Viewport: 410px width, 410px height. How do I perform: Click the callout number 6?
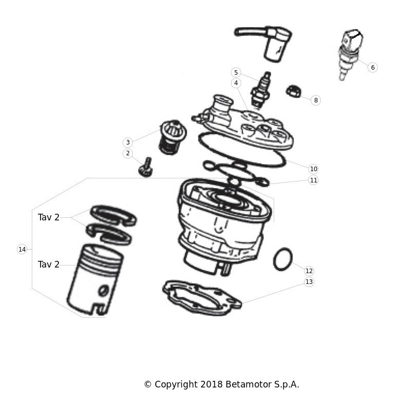click(373, 68)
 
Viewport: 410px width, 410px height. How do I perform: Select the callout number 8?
click(316, 100)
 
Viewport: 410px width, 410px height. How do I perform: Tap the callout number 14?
click(22, 250)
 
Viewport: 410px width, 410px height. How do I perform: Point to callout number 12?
click(309, 271)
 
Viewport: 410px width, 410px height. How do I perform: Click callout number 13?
click(309, 282)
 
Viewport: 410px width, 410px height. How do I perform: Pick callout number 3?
click(128, 142)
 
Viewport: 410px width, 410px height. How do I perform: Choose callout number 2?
click(128, 153)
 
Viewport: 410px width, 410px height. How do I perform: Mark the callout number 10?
click(313, 169)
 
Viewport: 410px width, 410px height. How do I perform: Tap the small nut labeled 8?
click(294, 91)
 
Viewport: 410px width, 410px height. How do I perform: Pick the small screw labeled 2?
click(146, 167)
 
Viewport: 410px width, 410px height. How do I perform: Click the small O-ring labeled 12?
click(283, 259)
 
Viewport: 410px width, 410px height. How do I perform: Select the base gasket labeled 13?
click(202, 298)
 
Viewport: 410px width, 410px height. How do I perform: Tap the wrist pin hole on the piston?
click(104, 291)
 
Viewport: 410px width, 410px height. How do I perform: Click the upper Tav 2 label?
click(49, 217)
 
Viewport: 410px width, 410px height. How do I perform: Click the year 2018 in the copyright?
click(212, 384)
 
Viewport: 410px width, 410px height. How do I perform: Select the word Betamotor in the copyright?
click(249, 384)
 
